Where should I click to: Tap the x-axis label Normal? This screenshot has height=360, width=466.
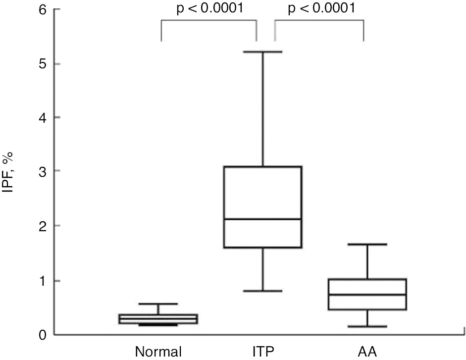pos(159,352)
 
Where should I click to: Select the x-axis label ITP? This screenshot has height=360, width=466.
pos(262,352)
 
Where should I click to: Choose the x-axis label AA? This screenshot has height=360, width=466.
pos(367,352)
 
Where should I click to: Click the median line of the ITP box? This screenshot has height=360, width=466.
pos(262,219)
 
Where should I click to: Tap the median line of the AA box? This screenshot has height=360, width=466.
pos(367,295)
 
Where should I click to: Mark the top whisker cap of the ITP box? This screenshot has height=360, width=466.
pos(262,51)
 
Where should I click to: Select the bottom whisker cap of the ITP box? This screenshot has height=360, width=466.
pos(262,291)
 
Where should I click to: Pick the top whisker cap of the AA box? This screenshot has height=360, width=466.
pos(367,244)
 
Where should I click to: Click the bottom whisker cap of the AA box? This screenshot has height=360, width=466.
pos(367,326)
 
